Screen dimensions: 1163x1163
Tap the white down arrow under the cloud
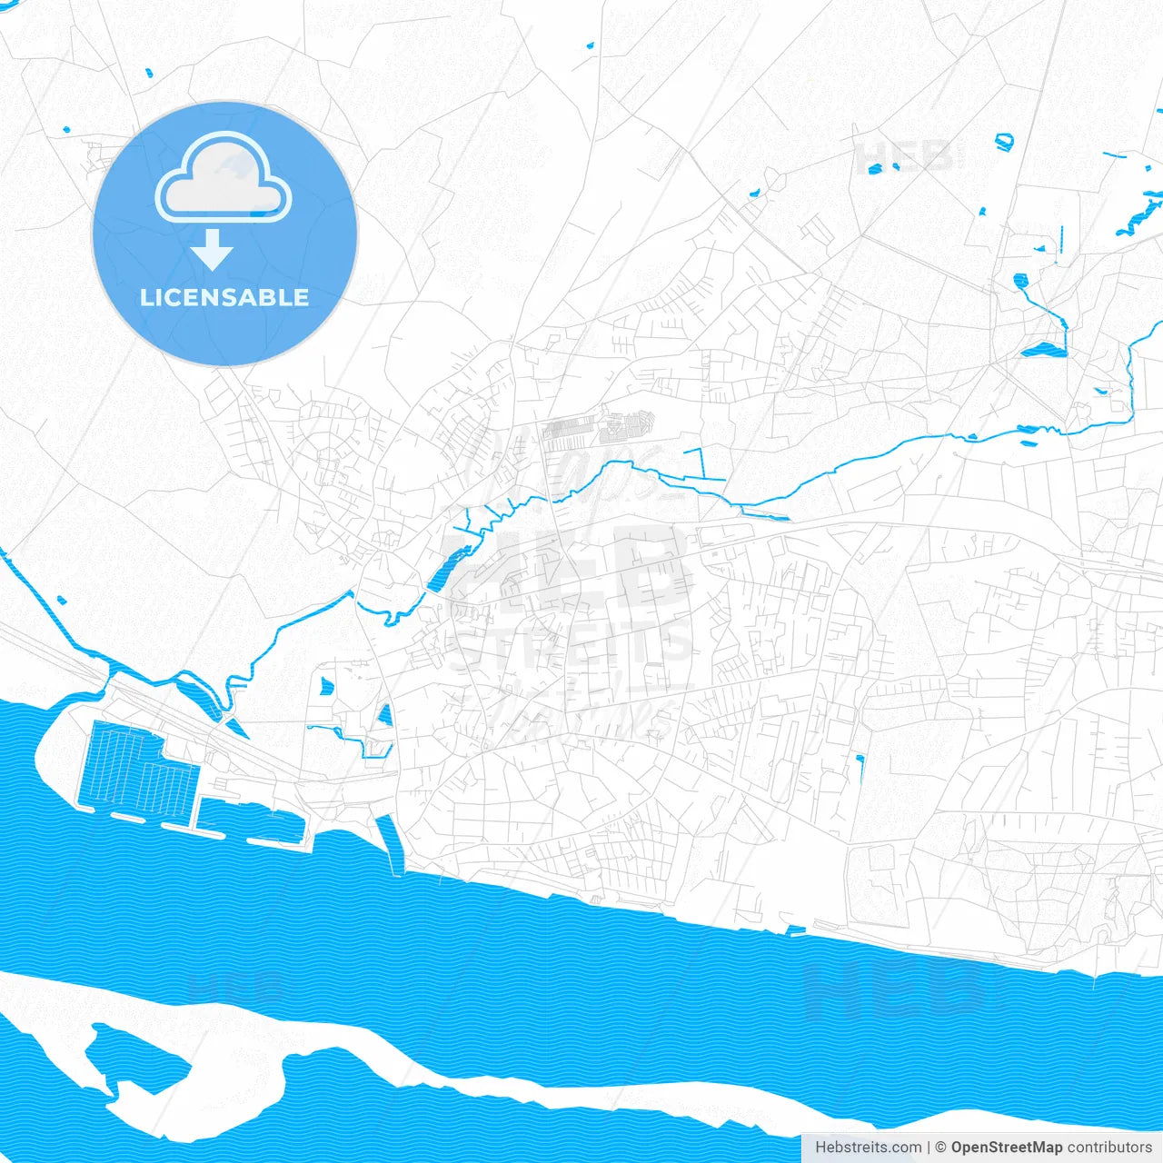[x=213, y=250]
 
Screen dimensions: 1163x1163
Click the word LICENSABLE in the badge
[x=224, y=297]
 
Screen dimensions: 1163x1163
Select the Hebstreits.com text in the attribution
[x=869, y=1148]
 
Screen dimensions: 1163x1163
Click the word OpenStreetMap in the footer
[x=1007, y=1148]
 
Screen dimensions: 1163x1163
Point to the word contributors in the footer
[x=1109, y=1148]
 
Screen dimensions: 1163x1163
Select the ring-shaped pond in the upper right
[x=1003, y=141]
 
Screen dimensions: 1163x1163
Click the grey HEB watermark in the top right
[x=904, y=156]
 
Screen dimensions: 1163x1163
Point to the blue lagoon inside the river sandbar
[x=136, y=1054]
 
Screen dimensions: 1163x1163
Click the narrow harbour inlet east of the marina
[x=390, y=841]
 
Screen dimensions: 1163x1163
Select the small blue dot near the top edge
[x=590, y=45]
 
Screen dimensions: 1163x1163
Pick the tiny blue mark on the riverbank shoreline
[x=795, y=930]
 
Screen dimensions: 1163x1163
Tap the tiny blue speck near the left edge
[x=61, y=600]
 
